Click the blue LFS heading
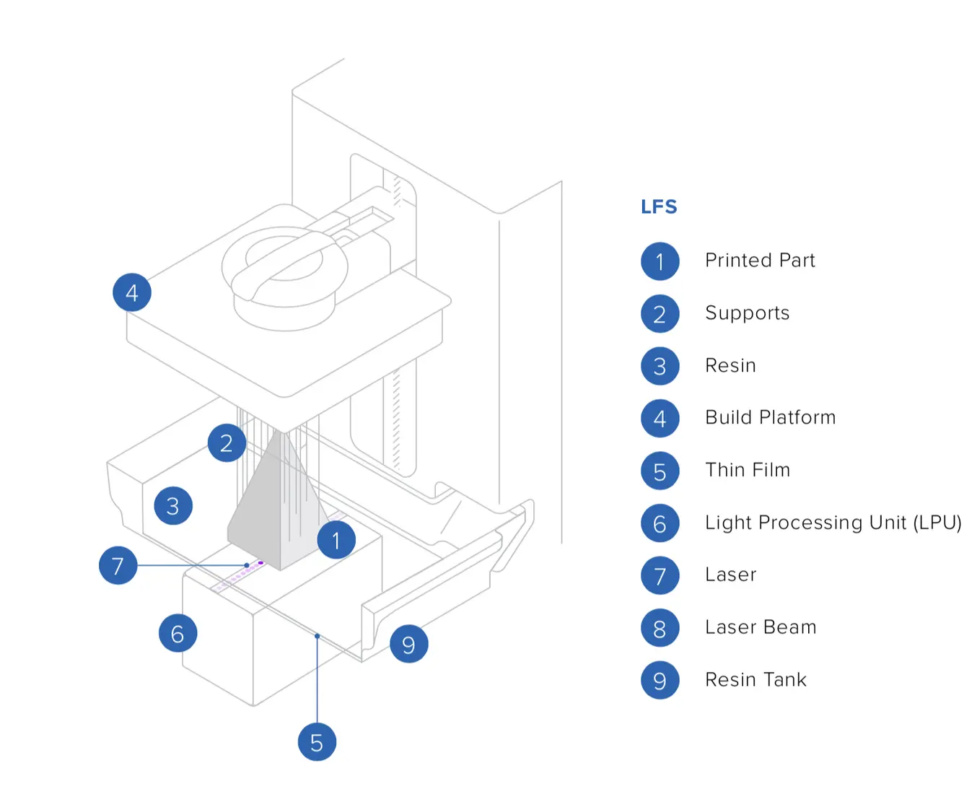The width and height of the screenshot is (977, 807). [659, 207]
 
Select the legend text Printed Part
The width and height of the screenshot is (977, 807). [760, 261]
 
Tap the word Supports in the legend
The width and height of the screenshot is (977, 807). [747, 313]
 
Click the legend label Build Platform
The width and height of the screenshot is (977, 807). [770, 418]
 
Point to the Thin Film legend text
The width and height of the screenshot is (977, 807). [747, 471]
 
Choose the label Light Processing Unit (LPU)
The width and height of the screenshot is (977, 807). [833, 523]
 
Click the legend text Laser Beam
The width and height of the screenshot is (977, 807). [761, 627]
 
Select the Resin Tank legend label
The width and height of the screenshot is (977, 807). [755, 680]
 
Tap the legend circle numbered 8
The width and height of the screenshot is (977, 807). [660, 628]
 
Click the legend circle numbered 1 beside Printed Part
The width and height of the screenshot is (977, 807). [660, 261]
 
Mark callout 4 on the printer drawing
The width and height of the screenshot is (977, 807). [132, 292]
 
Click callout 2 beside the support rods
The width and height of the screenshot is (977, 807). [227, 443]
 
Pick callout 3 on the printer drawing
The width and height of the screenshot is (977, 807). [173, 505]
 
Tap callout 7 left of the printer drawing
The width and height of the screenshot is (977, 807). [118, 565]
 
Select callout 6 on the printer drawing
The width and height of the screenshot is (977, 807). [178, 633]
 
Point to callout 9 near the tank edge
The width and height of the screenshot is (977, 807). [408, 644]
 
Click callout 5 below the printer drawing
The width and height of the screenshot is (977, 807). [317, 742]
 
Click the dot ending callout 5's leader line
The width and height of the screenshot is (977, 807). [317, 636]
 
